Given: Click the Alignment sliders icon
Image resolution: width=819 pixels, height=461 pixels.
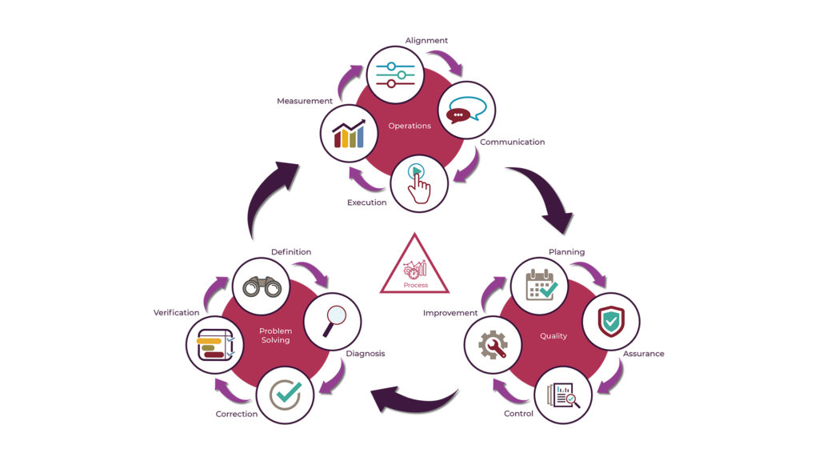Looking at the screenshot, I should pyautogui.click(x=395, y=74).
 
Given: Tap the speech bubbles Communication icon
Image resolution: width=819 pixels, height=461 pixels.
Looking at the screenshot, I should pyautogui.click(x=467, y=110).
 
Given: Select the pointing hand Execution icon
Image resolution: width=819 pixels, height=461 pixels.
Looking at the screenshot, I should pyautogui.click(x=420, y=182).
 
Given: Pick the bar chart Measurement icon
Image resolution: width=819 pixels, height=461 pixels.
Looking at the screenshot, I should pyautogui.click(x=349, y=133).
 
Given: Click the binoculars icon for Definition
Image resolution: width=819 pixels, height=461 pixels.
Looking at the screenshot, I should pyautogui.click(x=261, y=286).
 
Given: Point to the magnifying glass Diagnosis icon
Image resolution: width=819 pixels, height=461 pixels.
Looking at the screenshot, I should pyautogui.click(x=333, y=321).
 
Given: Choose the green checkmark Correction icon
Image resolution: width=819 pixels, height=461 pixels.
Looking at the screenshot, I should pyautogui.click(x=285, y=394).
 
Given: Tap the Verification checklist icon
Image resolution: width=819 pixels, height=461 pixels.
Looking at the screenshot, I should pyautogui.click(x=214, y=344).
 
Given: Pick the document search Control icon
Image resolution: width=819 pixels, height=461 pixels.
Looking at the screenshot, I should pyautogui.click(x=563, y=394).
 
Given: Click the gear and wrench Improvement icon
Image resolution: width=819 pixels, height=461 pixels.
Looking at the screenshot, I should pyautogui.click(x=493, y=344).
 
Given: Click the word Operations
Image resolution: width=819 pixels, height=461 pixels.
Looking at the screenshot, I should pyautogui.click(x=409, y=126).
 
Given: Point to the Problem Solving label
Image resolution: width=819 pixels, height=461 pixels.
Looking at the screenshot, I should pyautogui.click(x=276, y=335).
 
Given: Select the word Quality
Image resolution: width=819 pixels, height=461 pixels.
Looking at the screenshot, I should pyautogui.click(x=553, y=336).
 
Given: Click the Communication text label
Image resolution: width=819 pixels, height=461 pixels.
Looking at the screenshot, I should pyautogui.click(x=512, y=142).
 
